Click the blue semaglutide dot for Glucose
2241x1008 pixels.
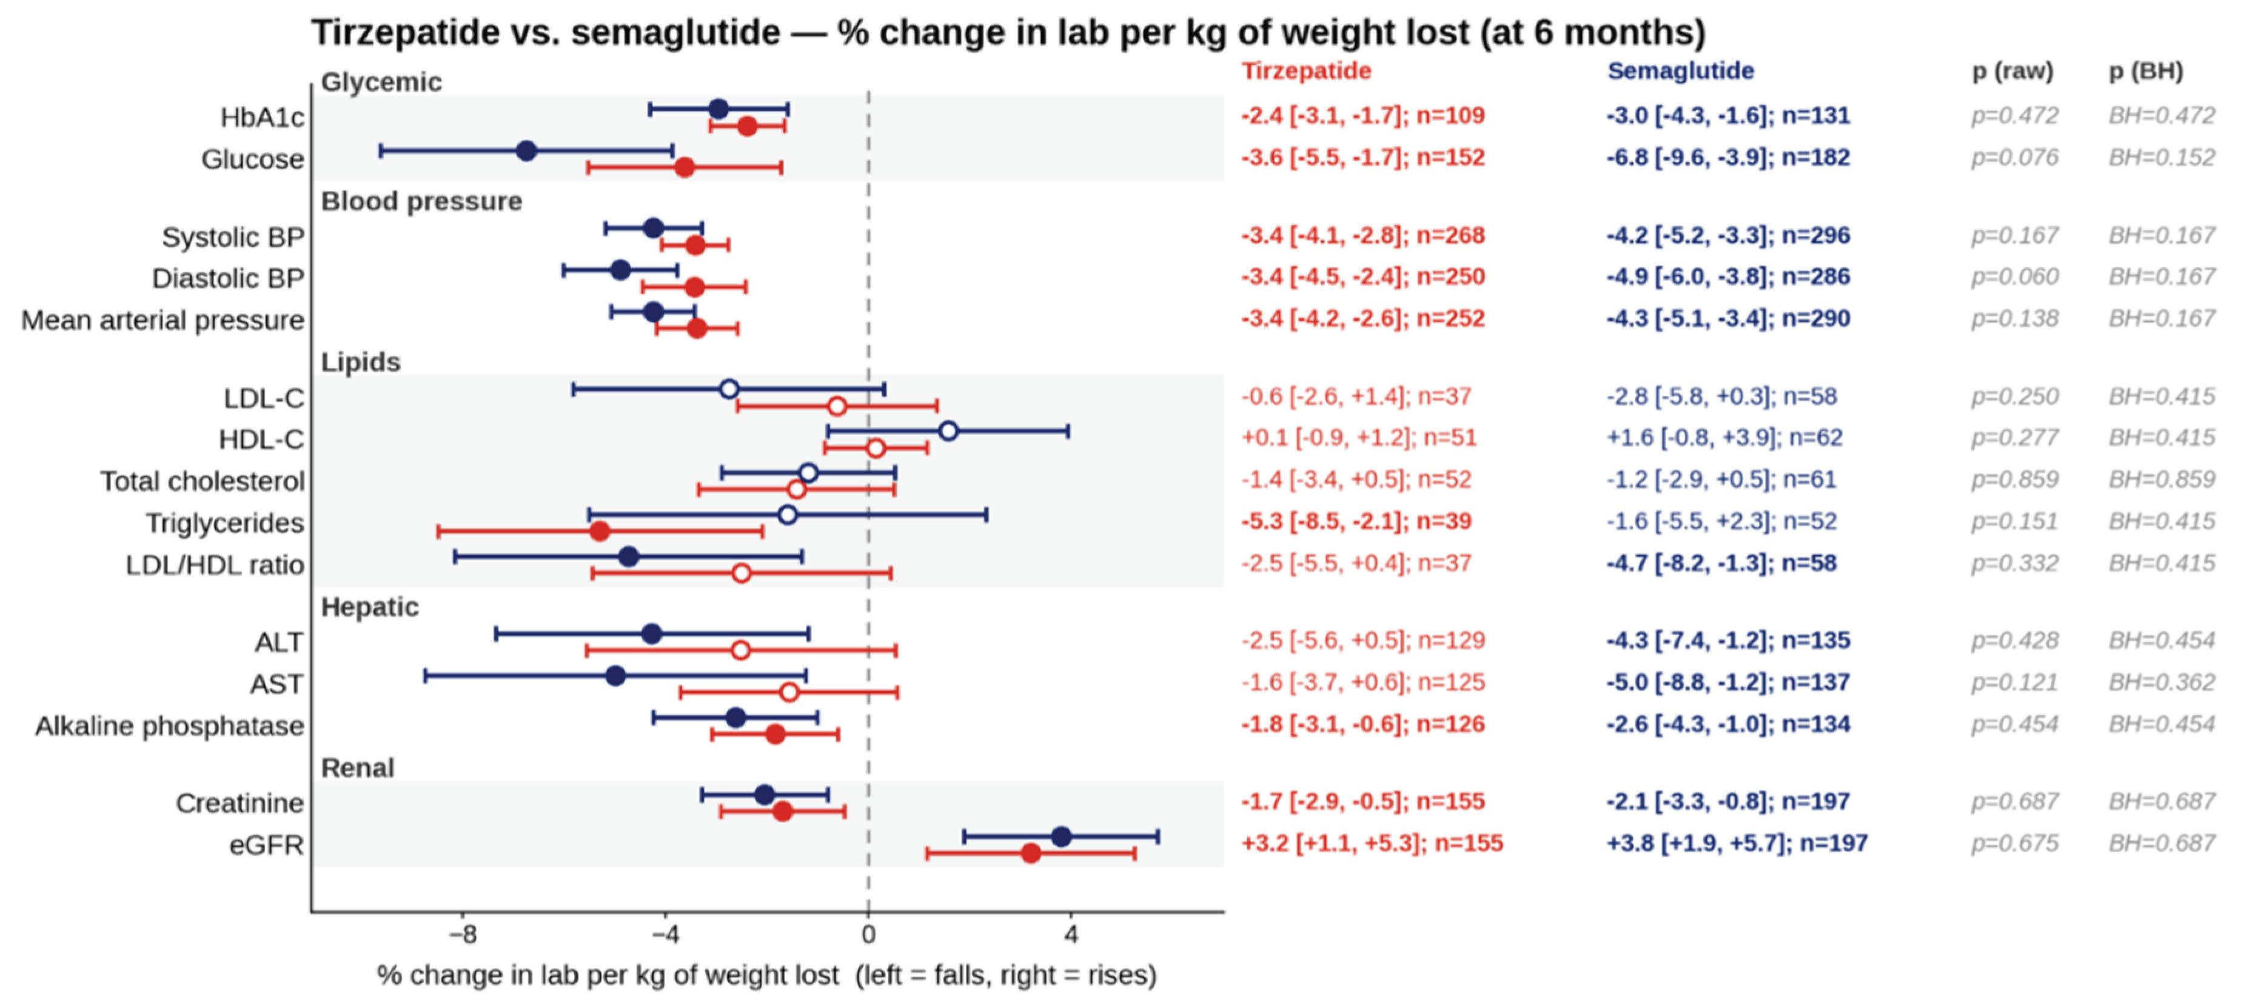pos(526,150)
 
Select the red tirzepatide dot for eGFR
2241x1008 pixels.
pos(1031,853)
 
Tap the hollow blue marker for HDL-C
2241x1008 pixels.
pos(948,430)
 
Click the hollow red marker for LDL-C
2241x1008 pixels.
pos(837,406)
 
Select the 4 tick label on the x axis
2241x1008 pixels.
pos(1071,935)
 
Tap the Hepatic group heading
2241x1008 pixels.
pos(370,607)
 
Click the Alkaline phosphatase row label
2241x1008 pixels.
pos(170,726)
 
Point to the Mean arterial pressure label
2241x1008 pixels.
pos(162,320)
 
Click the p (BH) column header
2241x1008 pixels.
pos(2146,72)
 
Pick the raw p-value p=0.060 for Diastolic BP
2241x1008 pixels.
pos(2015,276)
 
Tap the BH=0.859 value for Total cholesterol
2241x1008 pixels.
pos(2162,479)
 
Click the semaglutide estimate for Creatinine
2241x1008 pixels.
pos(1729,801)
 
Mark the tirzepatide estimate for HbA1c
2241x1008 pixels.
pos(1363,116)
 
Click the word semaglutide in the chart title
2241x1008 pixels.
pos(676,33)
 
